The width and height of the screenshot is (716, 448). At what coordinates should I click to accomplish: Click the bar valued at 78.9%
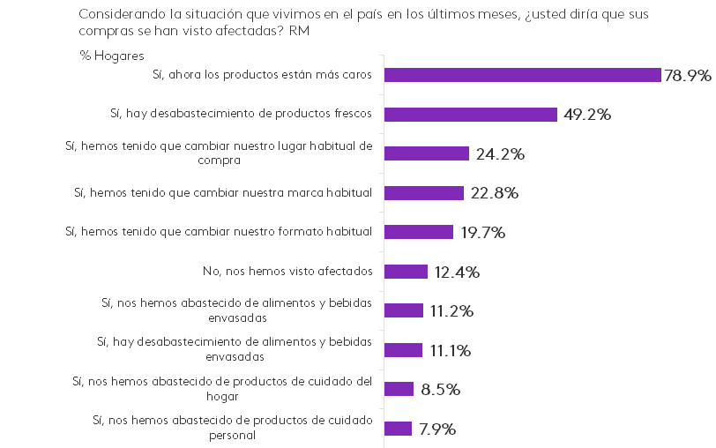point(523,75)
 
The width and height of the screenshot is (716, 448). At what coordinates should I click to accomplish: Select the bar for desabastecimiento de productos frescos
point(471,115)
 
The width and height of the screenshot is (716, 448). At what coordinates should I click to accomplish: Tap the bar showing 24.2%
point(427,153)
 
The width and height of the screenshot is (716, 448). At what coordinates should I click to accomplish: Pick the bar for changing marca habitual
point(424,193)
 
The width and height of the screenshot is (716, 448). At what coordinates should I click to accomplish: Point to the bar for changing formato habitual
point(419,232)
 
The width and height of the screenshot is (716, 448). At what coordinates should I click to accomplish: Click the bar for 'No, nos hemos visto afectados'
point(406,272)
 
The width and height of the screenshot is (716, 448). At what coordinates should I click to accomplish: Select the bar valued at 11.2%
point(404,310)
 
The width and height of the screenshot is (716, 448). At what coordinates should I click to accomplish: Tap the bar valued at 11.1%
point(404,350)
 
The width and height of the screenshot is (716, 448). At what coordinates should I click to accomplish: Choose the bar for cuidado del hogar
point(399,389)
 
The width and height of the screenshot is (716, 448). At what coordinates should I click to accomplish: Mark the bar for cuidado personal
point(399,429)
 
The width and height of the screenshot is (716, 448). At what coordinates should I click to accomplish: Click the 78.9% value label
point(688,76)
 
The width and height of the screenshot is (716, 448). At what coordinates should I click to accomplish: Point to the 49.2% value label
point(586,115)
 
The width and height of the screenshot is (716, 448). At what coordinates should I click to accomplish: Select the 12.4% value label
point(457,273)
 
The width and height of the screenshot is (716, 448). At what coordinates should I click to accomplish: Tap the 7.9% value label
point(437,429)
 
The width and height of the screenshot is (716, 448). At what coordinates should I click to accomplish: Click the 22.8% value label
point(494,193)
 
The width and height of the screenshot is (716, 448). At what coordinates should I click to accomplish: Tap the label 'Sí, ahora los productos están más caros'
point(262,75)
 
